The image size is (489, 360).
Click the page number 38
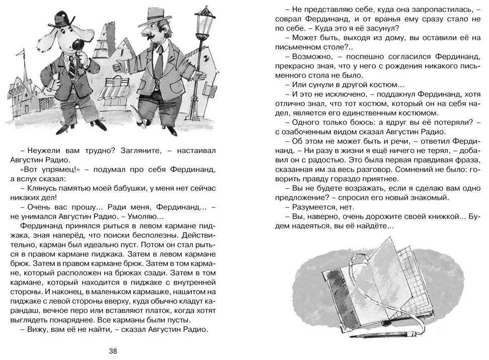click(113, 350)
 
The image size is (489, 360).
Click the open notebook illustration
click(367, 297)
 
